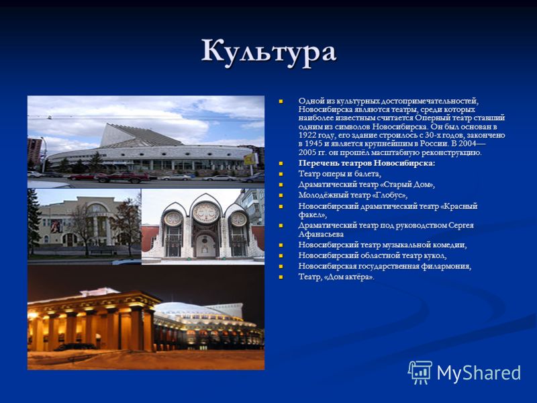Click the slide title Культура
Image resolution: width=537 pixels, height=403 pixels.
(x=269, y=52)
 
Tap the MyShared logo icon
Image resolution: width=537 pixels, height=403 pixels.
(x=420, y=372)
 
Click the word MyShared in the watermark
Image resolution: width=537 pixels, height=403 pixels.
(x=479, y=373)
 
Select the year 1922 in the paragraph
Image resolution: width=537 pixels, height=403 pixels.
(x=307, y=135)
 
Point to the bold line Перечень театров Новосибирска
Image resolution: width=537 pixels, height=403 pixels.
(x=367, y=163)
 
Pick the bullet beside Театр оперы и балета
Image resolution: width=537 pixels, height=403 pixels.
(x=281, y=174)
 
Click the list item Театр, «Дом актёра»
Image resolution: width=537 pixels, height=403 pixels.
(x=336, y=277)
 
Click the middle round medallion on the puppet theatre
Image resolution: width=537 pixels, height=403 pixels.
(x=206, y=212)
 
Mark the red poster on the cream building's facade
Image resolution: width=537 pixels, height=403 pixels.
(x=56, y=226)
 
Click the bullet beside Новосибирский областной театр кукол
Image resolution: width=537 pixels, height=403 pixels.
(x=281, y=256)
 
